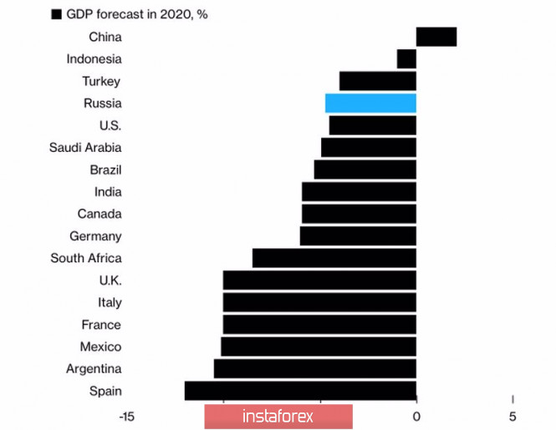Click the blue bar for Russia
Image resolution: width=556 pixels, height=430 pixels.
(x=370, y=103)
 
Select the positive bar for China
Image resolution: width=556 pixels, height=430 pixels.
(x=436, y=37)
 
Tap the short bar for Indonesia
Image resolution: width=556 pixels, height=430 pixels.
(x=406, y=58)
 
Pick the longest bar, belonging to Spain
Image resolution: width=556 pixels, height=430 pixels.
(x=300, y=391)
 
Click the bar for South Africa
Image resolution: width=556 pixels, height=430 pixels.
(x=334, y=258)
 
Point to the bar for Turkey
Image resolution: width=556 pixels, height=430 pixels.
(x=377, y=81)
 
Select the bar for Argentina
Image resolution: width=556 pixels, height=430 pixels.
(x=314, y=369)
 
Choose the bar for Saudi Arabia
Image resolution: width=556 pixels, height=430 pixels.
(x=368, y=147)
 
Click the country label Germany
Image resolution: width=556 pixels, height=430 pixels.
(x=95, y=236)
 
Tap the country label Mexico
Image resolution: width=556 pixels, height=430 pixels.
(x=100, y=347)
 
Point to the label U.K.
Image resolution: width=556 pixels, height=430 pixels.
(x=110, y=281)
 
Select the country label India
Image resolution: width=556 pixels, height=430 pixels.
(x=108, y=192)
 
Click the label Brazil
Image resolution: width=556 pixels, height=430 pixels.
(x=105, y=169)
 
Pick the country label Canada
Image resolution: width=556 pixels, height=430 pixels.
(x=99, y=214)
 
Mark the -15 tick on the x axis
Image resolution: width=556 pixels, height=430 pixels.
(x=127, y=416)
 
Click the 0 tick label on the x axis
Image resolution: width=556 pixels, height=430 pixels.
(x=416, y=416)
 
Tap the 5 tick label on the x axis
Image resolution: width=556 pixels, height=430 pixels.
(x=513, y=416)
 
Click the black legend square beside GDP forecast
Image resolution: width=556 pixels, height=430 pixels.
(x=56, y=14)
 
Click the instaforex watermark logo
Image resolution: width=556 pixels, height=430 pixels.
(x=278, y=416)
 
